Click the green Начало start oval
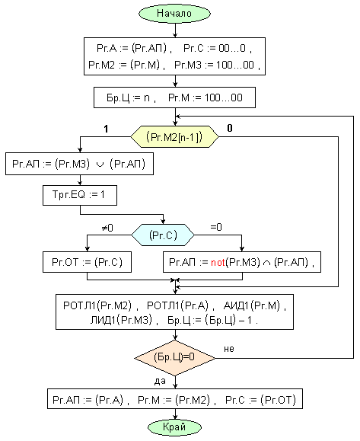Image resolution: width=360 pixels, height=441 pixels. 174,13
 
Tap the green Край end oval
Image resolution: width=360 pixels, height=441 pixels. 174,427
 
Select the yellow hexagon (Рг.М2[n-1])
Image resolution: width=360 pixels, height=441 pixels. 174,137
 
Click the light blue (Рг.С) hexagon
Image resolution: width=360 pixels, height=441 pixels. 163,235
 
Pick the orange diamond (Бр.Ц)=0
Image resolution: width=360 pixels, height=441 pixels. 175,358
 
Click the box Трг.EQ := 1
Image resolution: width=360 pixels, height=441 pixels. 80,195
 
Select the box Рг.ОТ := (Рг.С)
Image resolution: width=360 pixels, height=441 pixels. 87,262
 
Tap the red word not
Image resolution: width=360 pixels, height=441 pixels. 218,263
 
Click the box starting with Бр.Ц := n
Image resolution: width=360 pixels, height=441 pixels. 174,97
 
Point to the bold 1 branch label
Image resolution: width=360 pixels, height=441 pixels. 106,129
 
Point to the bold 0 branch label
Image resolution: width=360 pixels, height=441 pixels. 230,128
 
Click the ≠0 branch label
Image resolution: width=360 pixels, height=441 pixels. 107,228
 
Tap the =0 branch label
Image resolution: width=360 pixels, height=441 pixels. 216,227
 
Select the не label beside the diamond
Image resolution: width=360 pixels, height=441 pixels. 229,349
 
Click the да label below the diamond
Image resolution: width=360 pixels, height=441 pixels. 160,381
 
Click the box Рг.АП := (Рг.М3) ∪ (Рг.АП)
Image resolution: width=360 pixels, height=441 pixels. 79,164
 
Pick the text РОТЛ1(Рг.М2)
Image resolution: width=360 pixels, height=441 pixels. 97,305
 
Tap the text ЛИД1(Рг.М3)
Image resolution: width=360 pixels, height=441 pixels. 121,320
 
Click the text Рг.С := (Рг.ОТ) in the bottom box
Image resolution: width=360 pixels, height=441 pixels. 261,400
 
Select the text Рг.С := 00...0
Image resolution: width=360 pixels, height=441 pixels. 215,48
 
